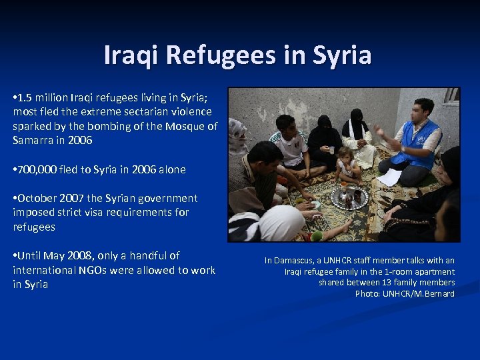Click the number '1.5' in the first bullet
click(29, 97)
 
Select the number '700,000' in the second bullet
click(38, 169)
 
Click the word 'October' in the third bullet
click(39, 198)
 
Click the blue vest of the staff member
click(416, 143)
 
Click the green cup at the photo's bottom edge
click(317, 235)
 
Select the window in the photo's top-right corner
click(452, 94)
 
